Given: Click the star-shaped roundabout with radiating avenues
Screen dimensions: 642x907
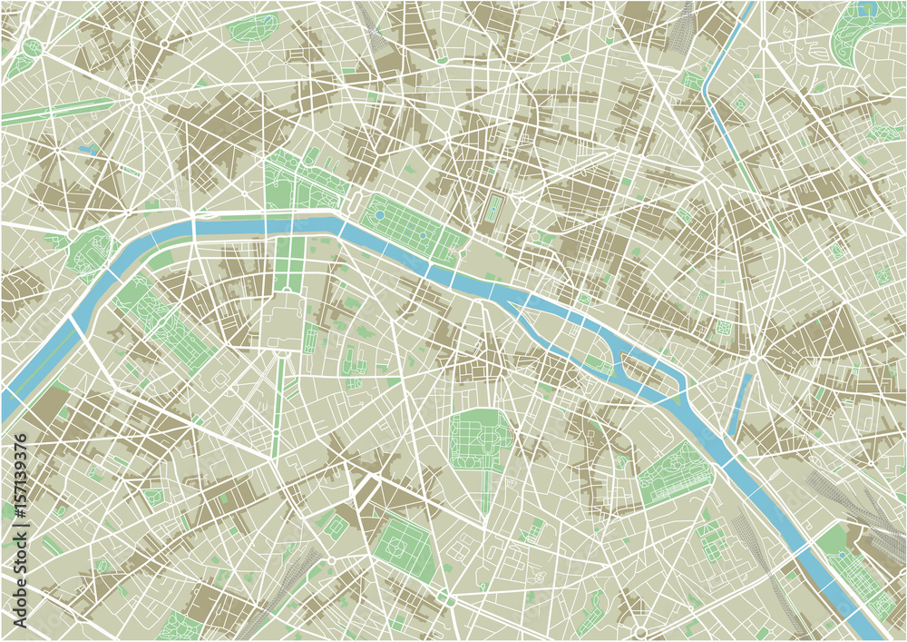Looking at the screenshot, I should click(138, 96).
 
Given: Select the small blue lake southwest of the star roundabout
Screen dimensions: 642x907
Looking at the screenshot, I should click(88, 148).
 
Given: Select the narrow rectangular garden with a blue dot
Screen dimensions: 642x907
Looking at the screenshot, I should click(495, 210).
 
